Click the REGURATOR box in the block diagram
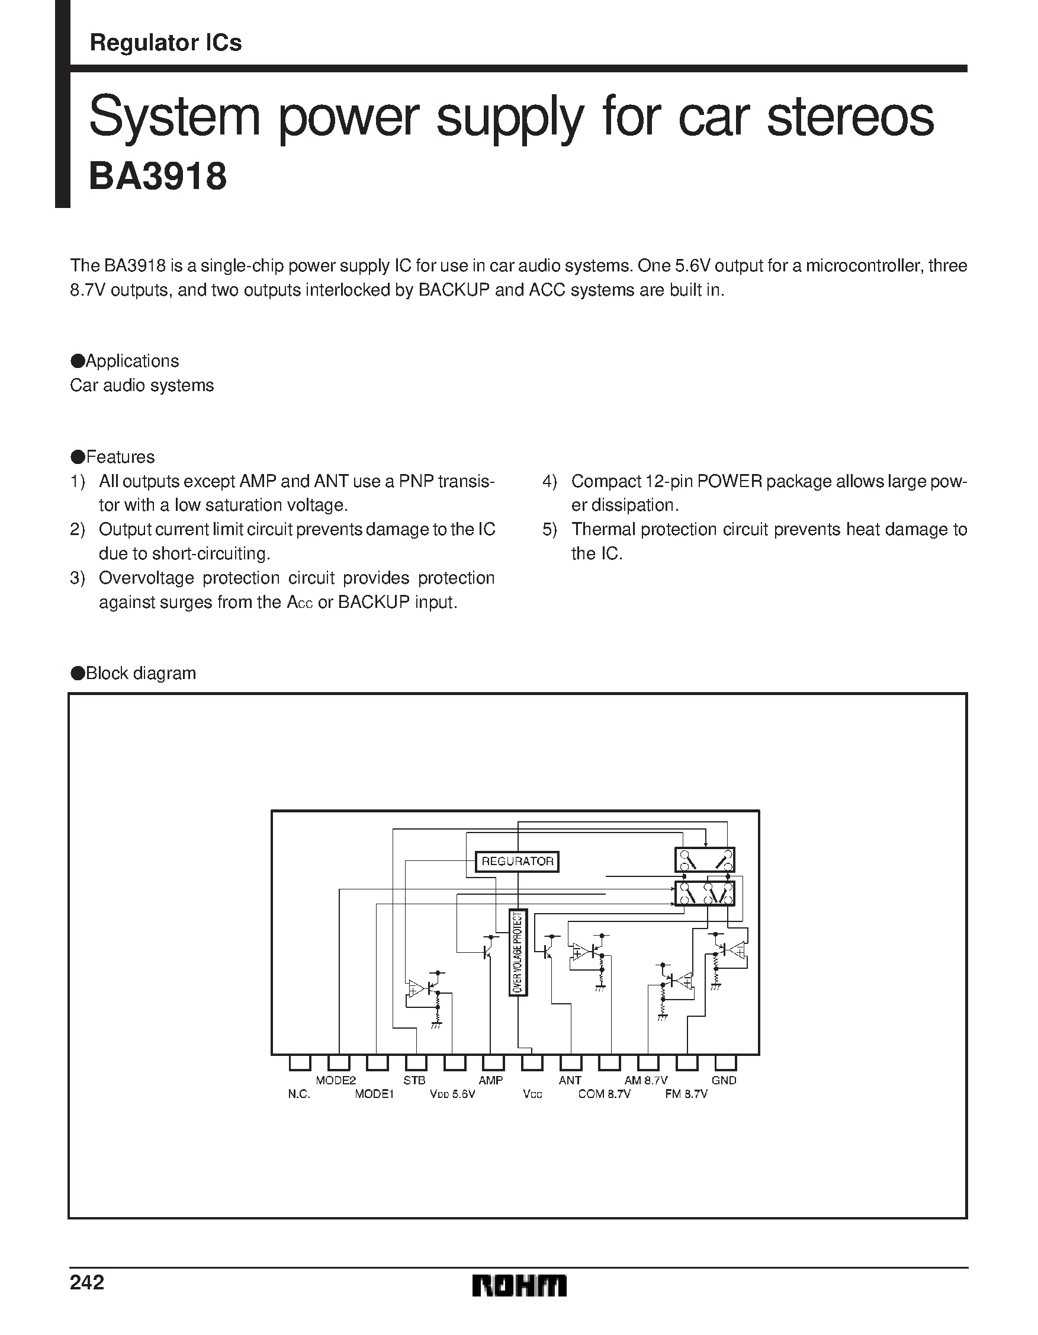pyautogui.click(x=517, y=862)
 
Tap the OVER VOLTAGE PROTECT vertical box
pyautogui.click(x=518, y=952)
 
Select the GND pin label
pyautogui.click(x=724, y=1080)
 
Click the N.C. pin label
pyautogui.click(x=299, y=1094)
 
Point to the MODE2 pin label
pyautogui.click(x=335, y=1080)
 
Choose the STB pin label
pyautogui.click(x=414, y=1080)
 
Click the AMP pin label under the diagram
pyautogui.click(x=491, y=1080)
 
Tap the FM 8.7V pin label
pyautogui.click(x=686, y=1094)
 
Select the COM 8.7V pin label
pyautogui.click(x=604, y=1094)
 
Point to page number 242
pyautogui.click(x=87, y=1282)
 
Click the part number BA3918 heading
pyautogui.click(x=158, y=177)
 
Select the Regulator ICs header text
pyautogui.click(x=166, y=43)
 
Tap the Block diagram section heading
pyautogui.click(x=140, y=673)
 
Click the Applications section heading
pyautogui.click(x=132, y=361)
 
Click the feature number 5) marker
pyautogui.click(x=549, y=529)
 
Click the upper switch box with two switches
pyautogui.click(x=704, y=859)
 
